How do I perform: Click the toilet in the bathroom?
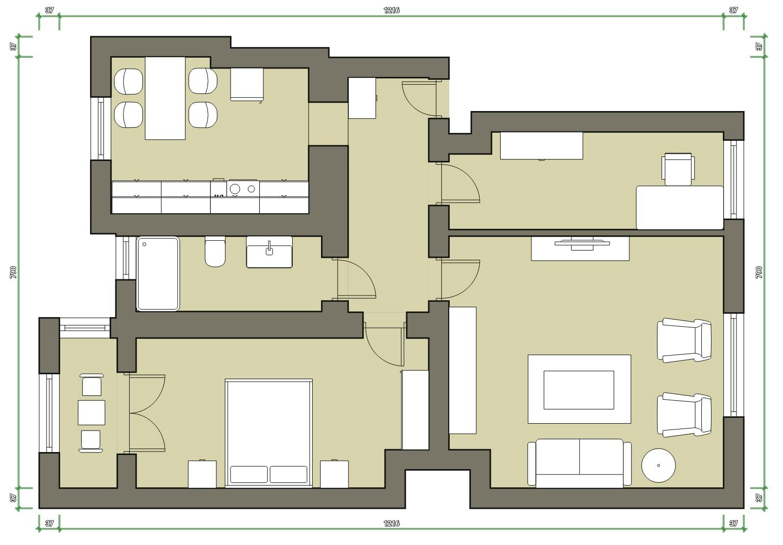215,251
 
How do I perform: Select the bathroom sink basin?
269,256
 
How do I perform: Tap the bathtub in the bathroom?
158,273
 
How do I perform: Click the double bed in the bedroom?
269,433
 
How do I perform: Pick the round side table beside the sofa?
659,465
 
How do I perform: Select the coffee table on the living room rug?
579,390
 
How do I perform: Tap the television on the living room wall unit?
582,243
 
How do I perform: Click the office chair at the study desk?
678,169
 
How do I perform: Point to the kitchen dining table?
165,98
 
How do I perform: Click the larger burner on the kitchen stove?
235,189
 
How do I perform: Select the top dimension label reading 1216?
391,10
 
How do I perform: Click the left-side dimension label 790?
13,272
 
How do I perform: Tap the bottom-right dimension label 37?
734,523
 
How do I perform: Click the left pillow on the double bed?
249,475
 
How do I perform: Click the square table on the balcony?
92,412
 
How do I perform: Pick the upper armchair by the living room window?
684,340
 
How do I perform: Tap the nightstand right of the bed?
334,474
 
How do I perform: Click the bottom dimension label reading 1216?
391,523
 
